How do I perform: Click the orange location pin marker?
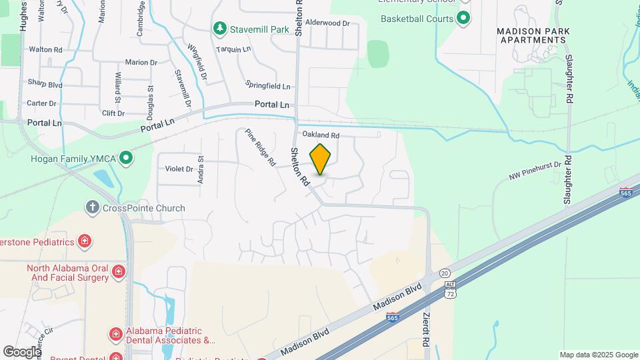321,159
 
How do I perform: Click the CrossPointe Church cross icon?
93,208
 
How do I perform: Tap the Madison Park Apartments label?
531,35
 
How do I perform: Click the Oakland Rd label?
321,135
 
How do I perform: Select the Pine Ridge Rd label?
260,147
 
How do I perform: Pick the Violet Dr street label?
179,169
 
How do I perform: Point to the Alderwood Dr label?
327,23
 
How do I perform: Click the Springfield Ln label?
268,86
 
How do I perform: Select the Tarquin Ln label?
233,49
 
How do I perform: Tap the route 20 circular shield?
445,273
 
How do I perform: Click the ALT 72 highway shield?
451,289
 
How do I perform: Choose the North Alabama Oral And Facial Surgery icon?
119,271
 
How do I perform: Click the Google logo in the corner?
22,351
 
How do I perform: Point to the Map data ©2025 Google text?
598,355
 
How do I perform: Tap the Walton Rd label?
45,49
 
